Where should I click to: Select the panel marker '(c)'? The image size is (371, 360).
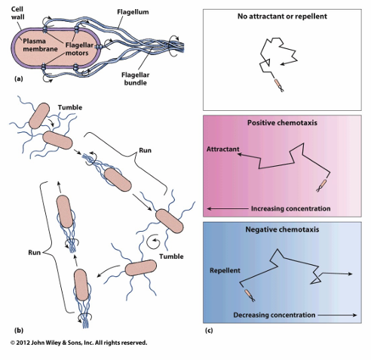(x=212, y=330)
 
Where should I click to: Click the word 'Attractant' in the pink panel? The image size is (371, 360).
(x=224, y=149)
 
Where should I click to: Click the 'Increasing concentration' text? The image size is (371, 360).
(x=290, y=208)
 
